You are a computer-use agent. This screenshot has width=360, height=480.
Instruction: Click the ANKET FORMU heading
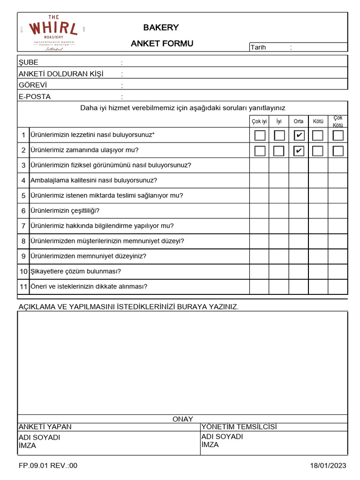click(162, 44)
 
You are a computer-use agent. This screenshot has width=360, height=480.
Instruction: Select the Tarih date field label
click(258, 47)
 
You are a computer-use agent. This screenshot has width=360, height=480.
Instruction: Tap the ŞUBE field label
click(29, 62)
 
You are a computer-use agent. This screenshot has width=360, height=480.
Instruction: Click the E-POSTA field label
click(35, 97)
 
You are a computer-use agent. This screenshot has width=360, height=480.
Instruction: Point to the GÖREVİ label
click(33, 85)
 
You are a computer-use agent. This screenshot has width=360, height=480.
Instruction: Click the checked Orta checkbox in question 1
click(299, 135)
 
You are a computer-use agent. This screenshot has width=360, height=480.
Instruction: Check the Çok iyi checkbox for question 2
click(260, 151)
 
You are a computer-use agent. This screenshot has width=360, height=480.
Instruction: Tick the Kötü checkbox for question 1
click(318, 135)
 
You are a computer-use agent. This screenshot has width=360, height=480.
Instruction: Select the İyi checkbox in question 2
click(279, 151)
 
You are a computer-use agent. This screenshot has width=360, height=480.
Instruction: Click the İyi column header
click(279, 121)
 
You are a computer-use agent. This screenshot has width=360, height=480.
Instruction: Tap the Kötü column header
click(318, 121)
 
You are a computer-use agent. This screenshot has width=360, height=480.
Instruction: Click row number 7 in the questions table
click(23, 226)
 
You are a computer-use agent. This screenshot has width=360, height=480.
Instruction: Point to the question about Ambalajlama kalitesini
click(94, 180)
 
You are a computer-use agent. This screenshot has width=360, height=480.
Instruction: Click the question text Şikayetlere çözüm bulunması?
click(76, 271)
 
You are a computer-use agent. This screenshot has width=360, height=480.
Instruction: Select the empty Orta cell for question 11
click(299, 286)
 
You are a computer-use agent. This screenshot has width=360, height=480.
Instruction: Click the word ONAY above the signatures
click(183, 419)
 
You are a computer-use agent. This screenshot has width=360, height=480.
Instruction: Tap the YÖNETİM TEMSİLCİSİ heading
click(239, 427)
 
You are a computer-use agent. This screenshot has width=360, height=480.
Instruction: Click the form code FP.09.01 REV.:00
click(48, 465)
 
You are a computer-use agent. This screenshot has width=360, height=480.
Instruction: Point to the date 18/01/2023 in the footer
click(328, 465)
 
